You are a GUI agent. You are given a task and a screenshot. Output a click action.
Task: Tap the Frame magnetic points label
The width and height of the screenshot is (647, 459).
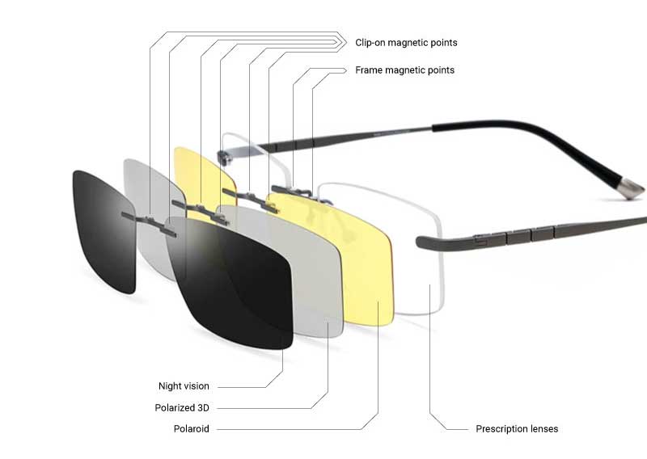click(x=404, y=70)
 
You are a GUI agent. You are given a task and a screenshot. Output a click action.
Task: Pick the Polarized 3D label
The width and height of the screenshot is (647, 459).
click(x=182, y=407)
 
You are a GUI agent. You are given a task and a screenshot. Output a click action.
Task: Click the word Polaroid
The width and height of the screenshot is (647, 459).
click(x=191, y=428)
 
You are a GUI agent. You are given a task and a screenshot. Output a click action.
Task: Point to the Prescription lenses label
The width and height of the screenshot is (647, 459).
click(x=517, y=428)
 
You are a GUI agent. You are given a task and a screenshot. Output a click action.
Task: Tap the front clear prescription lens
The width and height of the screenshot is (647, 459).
click(x=412, y=259)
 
